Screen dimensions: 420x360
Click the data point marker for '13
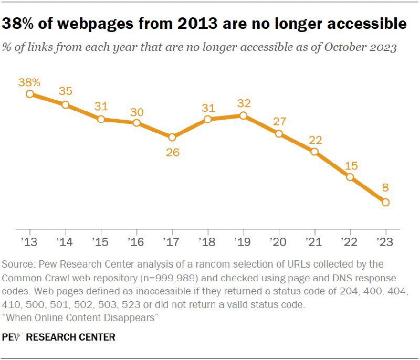(30, 94)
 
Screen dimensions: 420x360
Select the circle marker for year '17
(172, 137)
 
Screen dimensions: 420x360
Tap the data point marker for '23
(385, 203)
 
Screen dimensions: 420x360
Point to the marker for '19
(243, 115)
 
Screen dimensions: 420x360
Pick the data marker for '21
(314, 152)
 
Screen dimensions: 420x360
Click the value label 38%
(29, 82)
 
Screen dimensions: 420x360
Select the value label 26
(173, 153)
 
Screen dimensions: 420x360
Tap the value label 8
(385, 188)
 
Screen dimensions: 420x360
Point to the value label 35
(66, 91)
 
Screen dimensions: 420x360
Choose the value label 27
(280, 122)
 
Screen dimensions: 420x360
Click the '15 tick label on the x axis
(100, 242)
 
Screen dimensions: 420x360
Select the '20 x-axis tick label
(278, 242)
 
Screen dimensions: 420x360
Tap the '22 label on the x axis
(349, 242)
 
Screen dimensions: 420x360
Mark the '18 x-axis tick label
(207, 242)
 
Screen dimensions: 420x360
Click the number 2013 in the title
(197, 23)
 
